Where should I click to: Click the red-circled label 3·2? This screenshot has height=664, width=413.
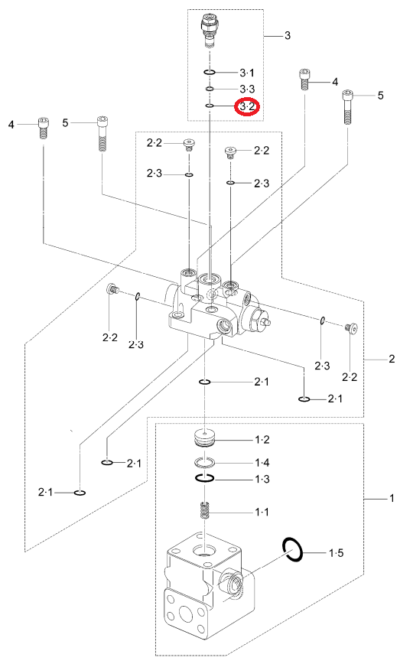(247, 106)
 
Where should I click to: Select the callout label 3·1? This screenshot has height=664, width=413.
(247, 73)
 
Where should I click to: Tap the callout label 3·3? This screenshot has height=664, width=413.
(247, 89)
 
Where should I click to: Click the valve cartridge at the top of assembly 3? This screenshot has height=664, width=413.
(210, 29)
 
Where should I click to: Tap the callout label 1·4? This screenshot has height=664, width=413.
(262, 462)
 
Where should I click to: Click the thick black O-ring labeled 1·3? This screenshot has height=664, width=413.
(205, 479)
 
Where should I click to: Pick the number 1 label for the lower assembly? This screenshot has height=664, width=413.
(392, 498)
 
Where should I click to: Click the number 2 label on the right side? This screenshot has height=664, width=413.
(392, 359)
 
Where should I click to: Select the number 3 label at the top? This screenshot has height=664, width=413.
(288, 35)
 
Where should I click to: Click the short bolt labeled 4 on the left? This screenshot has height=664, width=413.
(43, 128)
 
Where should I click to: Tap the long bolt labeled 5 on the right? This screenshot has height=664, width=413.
(347, 106)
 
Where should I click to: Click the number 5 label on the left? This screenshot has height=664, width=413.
(65, 123)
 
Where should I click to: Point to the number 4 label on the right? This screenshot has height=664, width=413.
(335, 81)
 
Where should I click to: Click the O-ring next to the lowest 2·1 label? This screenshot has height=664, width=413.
(80, 493)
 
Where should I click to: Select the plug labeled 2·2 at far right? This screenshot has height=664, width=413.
(351, 327)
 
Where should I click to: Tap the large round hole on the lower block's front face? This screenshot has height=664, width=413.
(186, 613)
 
